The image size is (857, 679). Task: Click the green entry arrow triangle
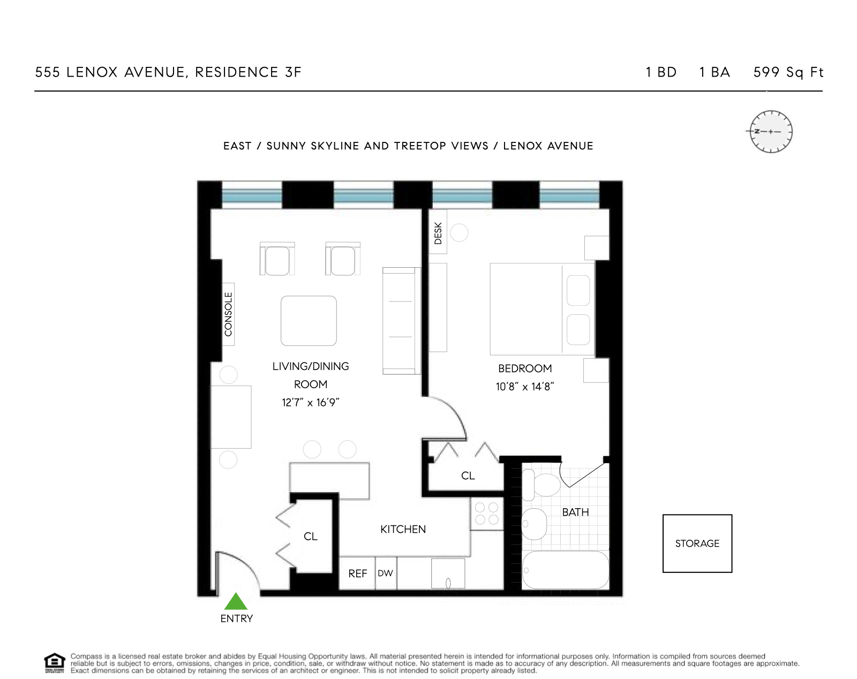pyautogui.click(x=236, y=602)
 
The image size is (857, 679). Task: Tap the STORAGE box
pyautogui.click(x=697, y=544)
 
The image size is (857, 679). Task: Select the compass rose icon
pyautogui.click(x=770, y=132)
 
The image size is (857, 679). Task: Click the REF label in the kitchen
pyautogui.click(x=357, y=574)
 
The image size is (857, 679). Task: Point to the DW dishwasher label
pyautogui.click(x=385, y=574)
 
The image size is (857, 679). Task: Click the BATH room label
pyautogui.click(x=575, y=512)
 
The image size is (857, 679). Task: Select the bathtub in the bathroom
pyautogui.click(x=565, y=570)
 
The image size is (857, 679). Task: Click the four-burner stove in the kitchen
pyautogui.click(x=487, y=513)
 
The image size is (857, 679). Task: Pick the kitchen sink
pyautogui.click(x=448, y=574)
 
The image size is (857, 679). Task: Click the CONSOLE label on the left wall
pyautogui.click(x=229, y=314)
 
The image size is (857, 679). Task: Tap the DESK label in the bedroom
pyautogui.click(x=438, y=233)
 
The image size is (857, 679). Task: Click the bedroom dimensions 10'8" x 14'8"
pyautogui.click(x=524, y=387)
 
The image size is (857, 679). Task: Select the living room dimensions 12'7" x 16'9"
pyautogui.click(x=310, y=403)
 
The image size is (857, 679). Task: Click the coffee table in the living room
pyautogui.click(x=309, y=321)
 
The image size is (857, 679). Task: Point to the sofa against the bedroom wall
pyautogui.click(x=400, y=320)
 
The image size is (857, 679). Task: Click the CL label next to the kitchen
pyautogui.click(x=310, y=537)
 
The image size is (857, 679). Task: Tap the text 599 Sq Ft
pyautogui.click(x=788, y=72)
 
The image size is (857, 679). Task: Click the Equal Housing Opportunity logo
pyautogui.click(x=54, y=663)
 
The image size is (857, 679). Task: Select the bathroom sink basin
pyautogui.click(x=533, y=523)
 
